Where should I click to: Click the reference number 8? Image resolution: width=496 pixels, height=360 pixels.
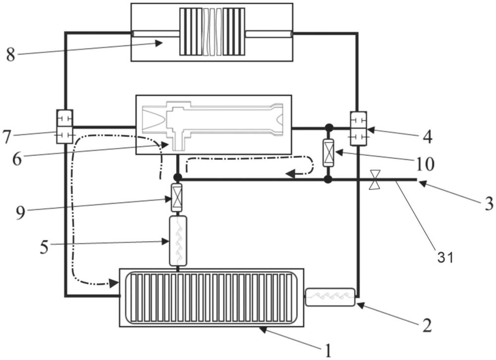[x=10, y=55]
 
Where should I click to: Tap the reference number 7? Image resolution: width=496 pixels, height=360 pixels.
[x=6, y=137]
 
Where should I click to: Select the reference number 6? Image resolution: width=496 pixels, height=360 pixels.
[x=17, y=160]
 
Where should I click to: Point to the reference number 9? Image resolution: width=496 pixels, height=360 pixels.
[x=20, y=213]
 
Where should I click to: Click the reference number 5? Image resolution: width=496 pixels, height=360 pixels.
[x=45, y=247]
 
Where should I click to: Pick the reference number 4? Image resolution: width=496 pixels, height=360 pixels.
[x=428, y=137]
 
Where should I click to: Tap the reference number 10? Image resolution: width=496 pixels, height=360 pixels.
[x=426, y=164]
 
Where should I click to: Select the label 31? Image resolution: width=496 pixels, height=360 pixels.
[x=446, y=258]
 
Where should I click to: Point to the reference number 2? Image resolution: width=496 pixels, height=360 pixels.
[x=427, y=325]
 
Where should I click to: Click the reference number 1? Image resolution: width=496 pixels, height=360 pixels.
[x=328, y=351]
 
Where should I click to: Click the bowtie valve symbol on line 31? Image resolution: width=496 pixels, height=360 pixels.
[x=375, y=180]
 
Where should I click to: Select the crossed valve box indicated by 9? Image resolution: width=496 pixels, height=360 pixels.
[x=177, y=198]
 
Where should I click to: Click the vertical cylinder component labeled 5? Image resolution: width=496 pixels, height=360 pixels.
[x=178, y=240]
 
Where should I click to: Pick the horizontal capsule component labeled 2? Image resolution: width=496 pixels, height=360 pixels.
[x=330, y=297]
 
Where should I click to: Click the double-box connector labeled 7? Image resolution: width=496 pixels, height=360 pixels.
[x=64, y=126]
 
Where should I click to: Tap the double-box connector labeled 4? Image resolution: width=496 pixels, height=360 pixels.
[x=359, y=129]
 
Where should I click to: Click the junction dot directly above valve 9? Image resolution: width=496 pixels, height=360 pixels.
[x=178, y=178]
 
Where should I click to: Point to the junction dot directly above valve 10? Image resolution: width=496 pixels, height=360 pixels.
[x=329, y=128]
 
